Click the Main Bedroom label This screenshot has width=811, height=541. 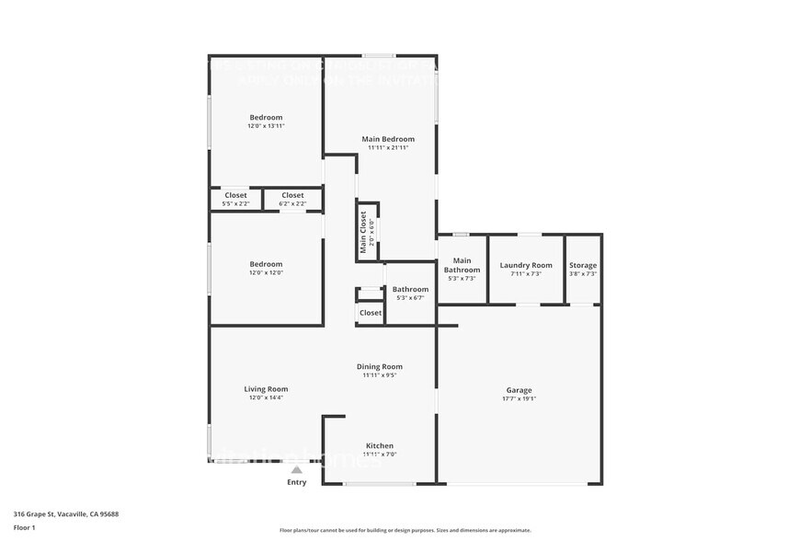pos(381,139)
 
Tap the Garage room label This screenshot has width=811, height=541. pos(519,390)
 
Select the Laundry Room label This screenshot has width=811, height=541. pos(526,265)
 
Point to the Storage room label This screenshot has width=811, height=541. pos(583,265)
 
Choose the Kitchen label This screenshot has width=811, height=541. pos(380,445)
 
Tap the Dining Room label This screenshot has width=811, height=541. pos(380,366)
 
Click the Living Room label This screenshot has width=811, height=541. pos(266,388)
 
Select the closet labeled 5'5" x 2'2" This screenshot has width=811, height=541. pos(236,203)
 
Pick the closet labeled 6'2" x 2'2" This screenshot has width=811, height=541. pos(292,203)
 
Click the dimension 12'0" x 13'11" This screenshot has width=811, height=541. pos(266,126)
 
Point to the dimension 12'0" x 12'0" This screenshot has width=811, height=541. pos(266,273)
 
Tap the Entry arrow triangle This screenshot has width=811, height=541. pos(296,470)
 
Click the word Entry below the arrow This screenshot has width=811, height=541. pos(296,482)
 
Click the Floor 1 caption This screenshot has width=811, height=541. pos(24,527)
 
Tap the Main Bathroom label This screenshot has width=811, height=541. pos(463,265)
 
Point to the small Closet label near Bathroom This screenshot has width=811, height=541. pos(371,313)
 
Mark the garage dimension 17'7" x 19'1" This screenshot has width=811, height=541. pos(519,398)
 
